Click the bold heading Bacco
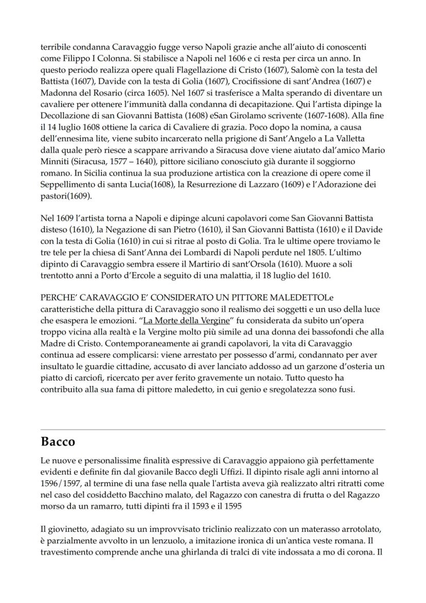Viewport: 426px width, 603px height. coord(58,442)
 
